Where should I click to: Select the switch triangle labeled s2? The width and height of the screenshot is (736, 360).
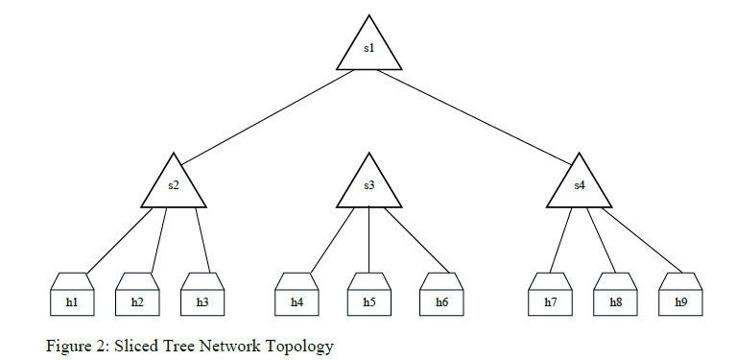click(174, 186)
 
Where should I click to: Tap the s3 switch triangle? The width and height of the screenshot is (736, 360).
click(369, 186)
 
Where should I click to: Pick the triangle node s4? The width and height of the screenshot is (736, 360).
click(580, 186)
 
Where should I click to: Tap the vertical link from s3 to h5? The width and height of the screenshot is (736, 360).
click(369, 240)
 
